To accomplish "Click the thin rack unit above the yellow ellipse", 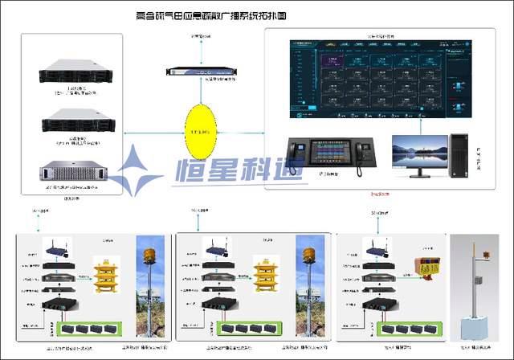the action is pyautogui.click(x=198, y=72).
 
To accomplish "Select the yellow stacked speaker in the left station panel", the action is pyautogui.click(x=110, y=275).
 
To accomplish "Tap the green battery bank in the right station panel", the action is pyautogui.click(x=405, y=329).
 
